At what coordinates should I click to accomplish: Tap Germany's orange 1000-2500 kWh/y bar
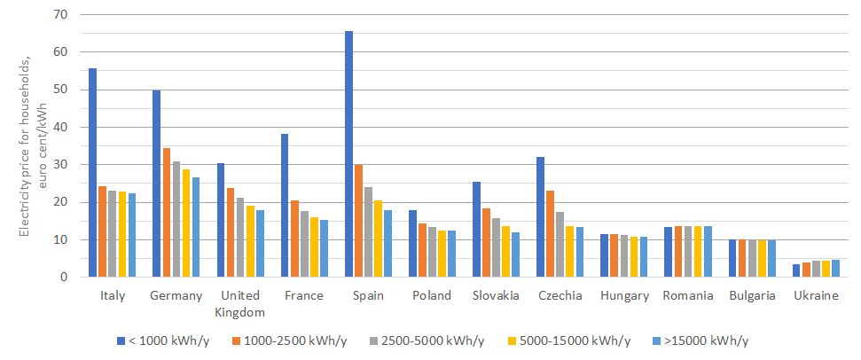coord(167,213)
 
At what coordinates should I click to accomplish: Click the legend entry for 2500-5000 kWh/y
coord(437,340)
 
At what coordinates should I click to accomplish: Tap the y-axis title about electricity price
coord(29,146)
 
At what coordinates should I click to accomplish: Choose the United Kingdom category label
coord(240,303)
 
